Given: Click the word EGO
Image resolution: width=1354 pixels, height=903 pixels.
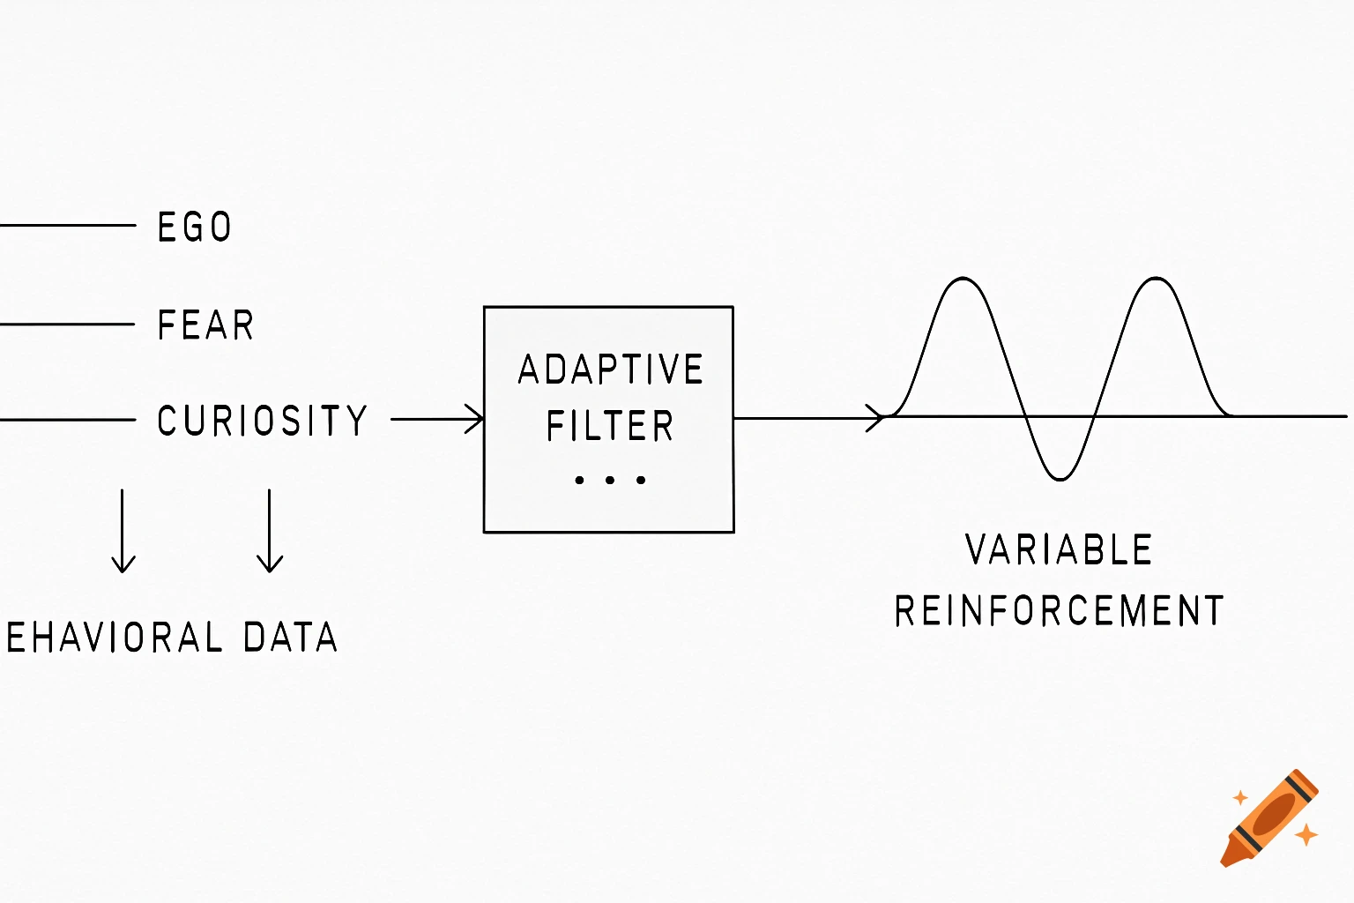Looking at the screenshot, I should point(194,228).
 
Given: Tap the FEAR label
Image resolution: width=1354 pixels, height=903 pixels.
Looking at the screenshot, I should point(205,325).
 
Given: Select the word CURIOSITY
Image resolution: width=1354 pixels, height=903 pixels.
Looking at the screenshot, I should point(262,421).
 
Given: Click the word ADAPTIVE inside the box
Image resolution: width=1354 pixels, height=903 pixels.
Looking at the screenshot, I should point(610,369).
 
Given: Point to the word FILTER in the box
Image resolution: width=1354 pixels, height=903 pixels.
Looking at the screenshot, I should point(609,426).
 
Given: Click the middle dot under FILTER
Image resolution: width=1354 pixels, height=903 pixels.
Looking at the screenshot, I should point(609,481).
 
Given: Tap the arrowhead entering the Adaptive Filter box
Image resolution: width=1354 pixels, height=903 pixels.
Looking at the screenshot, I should point(476,419).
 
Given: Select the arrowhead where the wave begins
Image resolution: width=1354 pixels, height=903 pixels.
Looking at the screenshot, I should point(875,418).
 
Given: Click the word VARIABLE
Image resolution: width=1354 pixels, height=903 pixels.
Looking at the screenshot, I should point(1059,550).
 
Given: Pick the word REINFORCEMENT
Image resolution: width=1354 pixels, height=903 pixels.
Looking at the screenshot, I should point(1059,611).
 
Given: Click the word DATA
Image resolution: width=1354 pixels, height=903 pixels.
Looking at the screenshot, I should point(290,638).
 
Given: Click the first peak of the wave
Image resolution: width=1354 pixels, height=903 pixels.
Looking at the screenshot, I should point(963,280).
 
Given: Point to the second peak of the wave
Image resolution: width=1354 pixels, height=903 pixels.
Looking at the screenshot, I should point(1155,280).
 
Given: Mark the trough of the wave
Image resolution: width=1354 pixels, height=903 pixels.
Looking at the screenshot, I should point(1060,479).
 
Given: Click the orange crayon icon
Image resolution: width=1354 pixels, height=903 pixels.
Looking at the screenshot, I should point(1269,818).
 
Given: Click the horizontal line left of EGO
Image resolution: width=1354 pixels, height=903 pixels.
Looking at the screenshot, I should point(67,226).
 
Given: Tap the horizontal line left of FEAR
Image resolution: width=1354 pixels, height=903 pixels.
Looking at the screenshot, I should point(67,325).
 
